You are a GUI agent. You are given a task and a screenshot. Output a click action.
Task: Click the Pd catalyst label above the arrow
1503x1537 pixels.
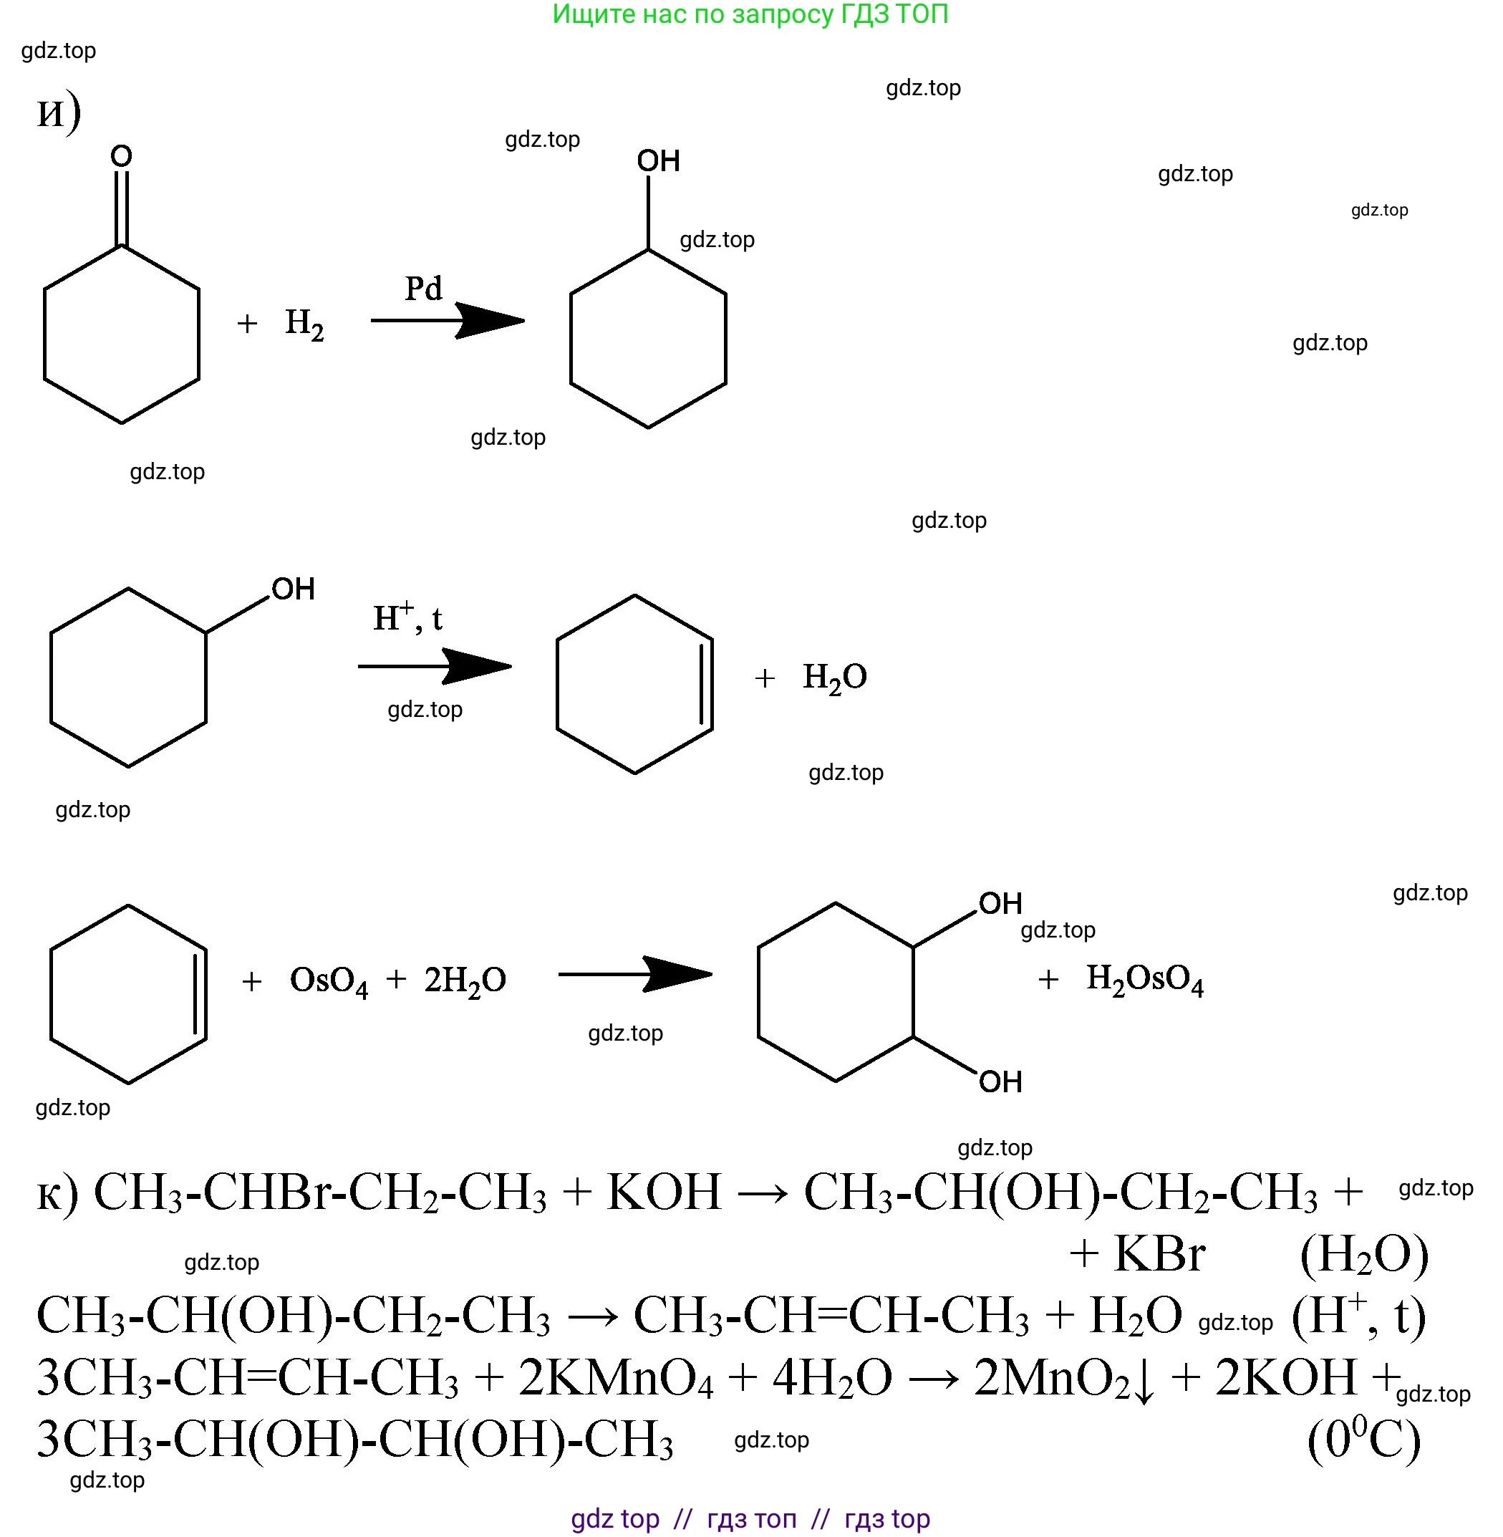(x=423, y=288)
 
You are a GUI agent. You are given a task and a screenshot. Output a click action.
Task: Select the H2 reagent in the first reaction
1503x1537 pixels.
(x=304, y=324)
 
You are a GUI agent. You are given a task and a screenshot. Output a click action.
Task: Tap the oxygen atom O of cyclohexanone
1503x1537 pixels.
(x=121, y=156)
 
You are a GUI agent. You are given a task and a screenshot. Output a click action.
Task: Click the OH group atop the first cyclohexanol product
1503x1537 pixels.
(x=658, y=161)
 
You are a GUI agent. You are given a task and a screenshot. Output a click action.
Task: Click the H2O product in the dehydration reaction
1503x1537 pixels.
(x=834, y=678)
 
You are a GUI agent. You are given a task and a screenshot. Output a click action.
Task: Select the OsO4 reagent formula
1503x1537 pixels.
(x=329, y=981)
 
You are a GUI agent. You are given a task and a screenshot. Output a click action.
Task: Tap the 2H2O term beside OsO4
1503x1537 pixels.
(x=465, y=981)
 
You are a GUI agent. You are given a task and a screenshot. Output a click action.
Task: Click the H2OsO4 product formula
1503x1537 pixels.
(x=1145, y=980)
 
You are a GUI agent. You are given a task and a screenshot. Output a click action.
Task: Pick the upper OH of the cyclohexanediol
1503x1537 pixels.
(x=1000, y=903)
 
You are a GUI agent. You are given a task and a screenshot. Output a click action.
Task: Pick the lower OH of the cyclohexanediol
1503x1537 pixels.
(x=1000, y=1081)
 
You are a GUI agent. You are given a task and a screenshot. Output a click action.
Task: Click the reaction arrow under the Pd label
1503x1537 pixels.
(x=448, y=320)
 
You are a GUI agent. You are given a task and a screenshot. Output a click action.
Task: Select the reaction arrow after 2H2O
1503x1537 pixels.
(x=635, y=974)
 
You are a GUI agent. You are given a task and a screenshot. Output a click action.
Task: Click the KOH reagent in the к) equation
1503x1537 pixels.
(x=664, y=1192)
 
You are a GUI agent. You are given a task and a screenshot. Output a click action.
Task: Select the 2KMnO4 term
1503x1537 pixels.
(x=616, y=1378)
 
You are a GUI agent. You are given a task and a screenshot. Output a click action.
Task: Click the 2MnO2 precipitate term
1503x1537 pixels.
(x=1063, y=1378)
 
